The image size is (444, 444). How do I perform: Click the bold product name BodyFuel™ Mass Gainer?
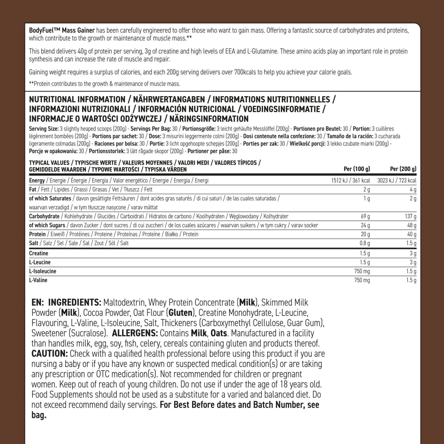point(62,30)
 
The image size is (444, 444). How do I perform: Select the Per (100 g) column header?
point(357,169)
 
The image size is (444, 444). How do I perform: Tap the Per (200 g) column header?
point(403,169)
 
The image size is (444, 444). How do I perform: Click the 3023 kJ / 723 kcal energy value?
point(397,181)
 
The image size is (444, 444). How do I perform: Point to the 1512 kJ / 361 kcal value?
point(350,181)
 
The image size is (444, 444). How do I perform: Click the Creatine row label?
point(38,253)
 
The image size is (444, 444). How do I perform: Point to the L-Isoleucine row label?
point(43,271)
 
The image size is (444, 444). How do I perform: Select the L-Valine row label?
point(38,280)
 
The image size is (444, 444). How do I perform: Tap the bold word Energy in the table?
point(37,181)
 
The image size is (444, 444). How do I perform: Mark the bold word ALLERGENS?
point(135,333)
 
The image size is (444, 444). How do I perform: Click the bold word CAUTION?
point(50,354)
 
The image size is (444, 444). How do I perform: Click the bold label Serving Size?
point(44,129)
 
